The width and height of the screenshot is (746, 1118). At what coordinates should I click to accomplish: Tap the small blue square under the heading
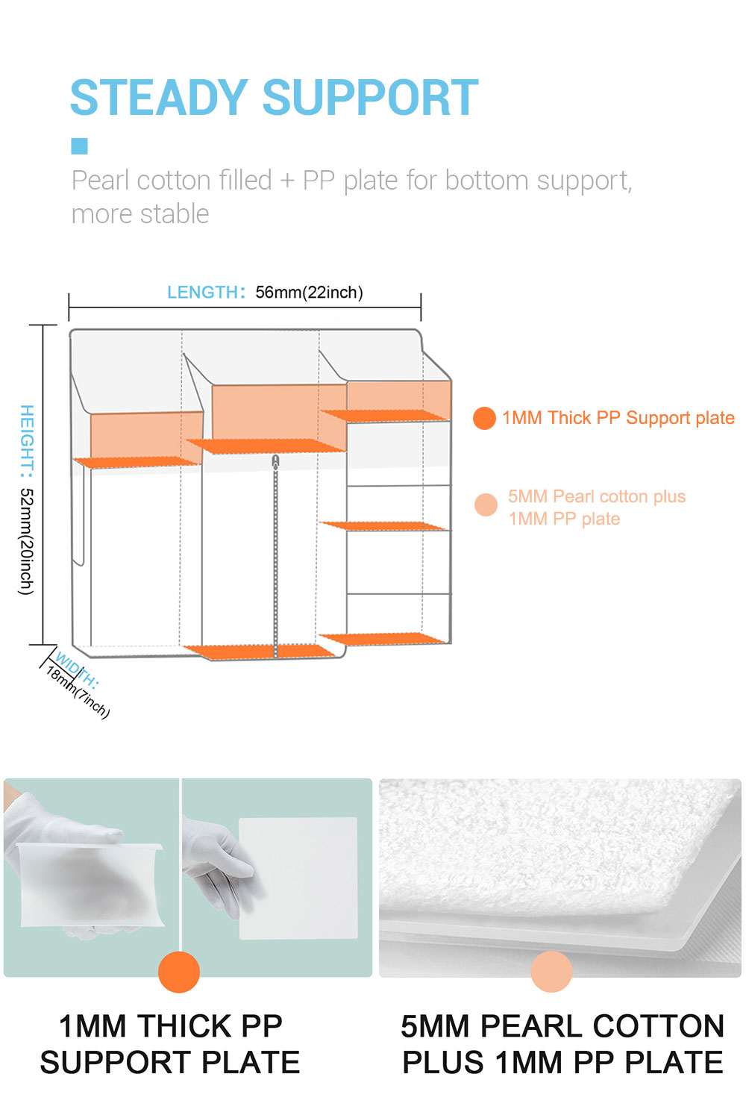79,146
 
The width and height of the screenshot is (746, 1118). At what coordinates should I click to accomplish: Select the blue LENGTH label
203,292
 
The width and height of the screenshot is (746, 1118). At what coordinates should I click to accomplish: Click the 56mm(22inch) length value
310,293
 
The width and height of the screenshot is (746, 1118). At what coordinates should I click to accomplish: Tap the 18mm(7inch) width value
78,693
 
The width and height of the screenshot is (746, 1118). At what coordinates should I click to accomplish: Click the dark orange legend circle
484,418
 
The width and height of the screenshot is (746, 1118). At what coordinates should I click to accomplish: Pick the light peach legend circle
486,505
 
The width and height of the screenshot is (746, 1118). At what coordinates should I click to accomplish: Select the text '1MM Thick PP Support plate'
618,418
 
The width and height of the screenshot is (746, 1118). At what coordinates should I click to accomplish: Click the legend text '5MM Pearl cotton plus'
597,496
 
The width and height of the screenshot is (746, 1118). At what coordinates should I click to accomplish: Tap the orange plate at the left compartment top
137,462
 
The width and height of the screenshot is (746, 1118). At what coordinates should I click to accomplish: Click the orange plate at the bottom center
260,652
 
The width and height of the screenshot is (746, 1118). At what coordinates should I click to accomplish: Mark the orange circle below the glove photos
179,972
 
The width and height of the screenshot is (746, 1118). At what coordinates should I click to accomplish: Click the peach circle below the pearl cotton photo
551,972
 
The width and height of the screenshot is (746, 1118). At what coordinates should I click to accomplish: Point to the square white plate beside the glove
298,878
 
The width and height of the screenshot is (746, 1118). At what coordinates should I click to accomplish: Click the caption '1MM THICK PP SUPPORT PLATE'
170,1043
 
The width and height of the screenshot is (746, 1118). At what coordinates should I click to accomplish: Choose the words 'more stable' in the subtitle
140,214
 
